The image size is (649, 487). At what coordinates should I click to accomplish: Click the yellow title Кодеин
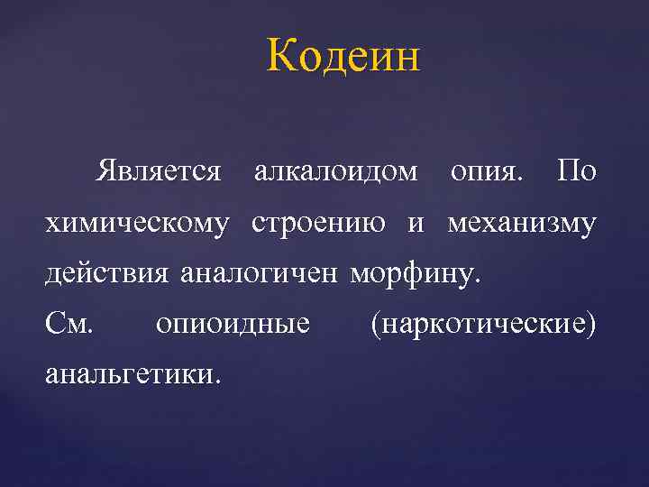343,59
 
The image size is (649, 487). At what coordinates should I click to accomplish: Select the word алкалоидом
336,170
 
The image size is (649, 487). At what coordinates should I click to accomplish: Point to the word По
576,170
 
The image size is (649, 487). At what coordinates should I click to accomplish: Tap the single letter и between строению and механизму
415,222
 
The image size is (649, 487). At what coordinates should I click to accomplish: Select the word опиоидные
233,322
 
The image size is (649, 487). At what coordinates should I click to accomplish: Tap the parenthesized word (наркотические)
483,322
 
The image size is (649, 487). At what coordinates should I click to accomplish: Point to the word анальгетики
132,372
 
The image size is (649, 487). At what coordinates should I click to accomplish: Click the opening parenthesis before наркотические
374,322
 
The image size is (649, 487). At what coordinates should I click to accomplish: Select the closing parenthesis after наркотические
591,322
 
